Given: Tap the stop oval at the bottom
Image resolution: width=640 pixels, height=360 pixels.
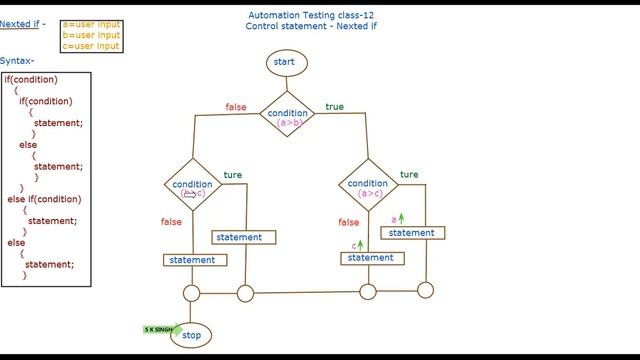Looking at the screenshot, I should [x=191, y=336].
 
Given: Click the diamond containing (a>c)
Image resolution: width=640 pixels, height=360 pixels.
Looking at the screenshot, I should [x=368, y=187].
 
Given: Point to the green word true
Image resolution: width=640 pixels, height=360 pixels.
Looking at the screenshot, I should [x=334, y=106].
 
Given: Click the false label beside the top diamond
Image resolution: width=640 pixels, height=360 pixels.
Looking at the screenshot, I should [x=236, y=107].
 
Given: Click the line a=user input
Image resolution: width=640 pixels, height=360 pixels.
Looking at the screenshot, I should [x=91, y=23].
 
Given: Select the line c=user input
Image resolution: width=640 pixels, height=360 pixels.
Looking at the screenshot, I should [x=91, y=46].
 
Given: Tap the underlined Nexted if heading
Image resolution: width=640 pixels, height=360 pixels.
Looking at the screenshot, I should [x=20, y=23].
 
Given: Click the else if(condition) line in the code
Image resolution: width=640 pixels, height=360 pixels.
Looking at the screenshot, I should [x=44, y=199].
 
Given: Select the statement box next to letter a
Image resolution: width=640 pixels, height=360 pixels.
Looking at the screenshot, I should [x=411, y=233].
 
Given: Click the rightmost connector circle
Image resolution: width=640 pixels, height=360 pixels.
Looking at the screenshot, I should [x=425, y=291].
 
